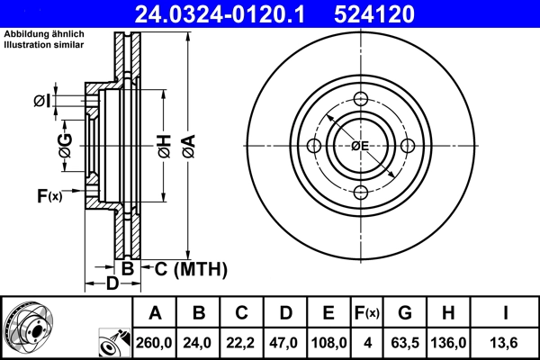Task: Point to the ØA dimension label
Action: click(x=187, y=145)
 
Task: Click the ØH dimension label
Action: click(x=163, y=145)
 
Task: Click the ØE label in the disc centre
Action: click(x=360, y=146)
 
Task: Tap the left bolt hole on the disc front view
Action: click(x=314, y=146)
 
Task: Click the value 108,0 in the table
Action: click(x=328, y=343)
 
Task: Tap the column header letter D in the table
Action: click(x=285, y=313)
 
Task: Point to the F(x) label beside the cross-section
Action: click(x=49, y=195)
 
